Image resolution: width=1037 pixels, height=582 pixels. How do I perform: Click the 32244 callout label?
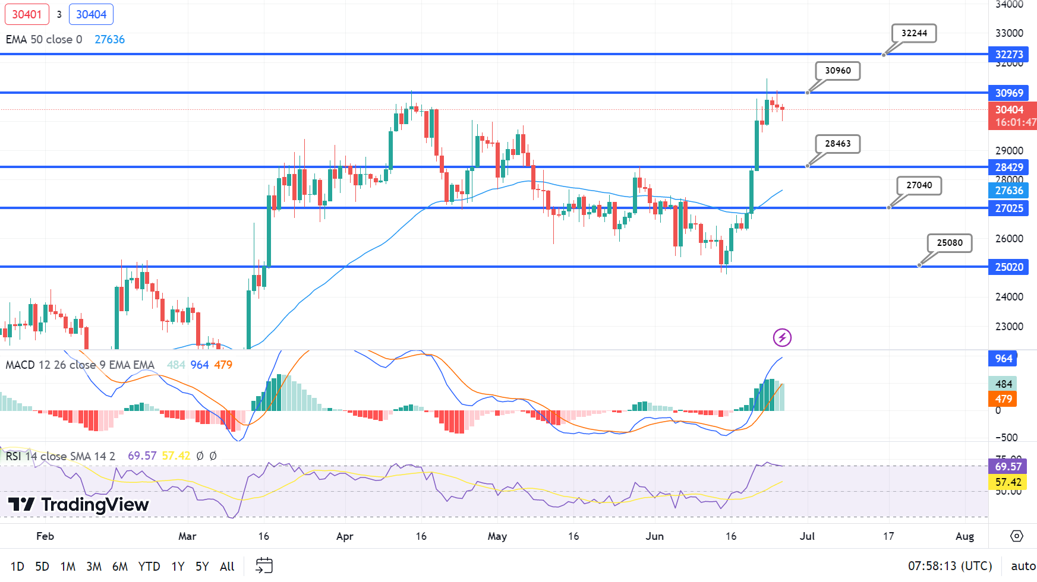pos(914,33)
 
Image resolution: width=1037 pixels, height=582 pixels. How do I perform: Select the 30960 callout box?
pos(837,71)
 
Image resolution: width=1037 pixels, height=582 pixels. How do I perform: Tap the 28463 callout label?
pos(837,144)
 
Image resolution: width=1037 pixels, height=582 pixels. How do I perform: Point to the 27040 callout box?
pos(919,185)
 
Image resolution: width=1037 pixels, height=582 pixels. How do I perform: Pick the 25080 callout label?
pos(950,243)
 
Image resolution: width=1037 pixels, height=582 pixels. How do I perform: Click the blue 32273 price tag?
pos(1008,55)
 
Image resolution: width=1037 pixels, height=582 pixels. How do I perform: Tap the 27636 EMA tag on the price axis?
pos(1008,191)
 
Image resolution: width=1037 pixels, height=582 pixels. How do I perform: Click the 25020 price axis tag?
pos(1008,267)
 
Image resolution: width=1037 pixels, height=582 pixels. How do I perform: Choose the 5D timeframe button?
pos(42,566)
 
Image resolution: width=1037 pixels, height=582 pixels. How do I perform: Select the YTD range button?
pos(149,566)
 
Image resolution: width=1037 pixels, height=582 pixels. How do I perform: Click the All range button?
pos(227,566)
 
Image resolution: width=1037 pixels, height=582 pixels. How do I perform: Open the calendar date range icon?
pos(264,565)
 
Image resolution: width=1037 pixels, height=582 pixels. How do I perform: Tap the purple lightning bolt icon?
pos(782,338)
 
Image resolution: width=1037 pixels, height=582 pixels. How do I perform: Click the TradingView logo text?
pos(78,505)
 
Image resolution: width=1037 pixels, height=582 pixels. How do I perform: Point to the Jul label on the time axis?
pos(807,536)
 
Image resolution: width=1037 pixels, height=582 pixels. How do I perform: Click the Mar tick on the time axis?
pos(187,536)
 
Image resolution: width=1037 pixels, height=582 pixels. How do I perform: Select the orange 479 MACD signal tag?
pos(1003,399)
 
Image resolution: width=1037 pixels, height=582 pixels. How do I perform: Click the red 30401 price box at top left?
pos(27,14)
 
